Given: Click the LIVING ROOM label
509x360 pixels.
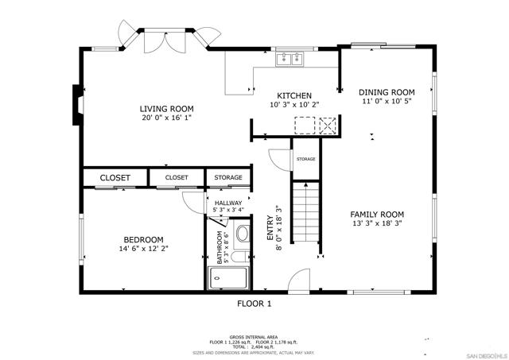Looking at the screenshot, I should [166, 109].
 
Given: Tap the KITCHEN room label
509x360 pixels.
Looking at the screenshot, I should [293, 95].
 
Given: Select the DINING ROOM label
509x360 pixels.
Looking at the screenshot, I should [387, 92].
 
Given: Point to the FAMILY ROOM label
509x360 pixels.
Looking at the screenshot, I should [378, 215].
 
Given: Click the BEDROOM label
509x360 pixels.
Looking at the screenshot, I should [143, 240].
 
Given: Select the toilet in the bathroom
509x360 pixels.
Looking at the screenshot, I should [243, 234].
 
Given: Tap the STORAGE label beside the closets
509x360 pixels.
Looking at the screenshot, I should [228, 177].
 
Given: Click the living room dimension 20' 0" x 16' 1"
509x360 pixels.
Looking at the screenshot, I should [166, 118].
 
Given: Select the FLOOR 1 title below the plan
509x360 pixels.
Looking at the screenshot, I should [254, 304].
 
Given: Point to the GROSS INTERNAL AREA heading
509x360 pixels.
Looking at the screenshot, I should [254, 337].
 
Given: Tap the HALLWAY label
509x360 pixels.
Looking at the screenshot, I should [228, 203].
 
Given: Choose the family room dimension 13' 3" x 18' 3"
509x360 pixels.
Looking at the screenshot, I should [378, 224].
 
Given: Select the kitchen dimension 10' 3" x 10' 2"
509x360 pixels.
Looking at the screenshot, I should [293, 104].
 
